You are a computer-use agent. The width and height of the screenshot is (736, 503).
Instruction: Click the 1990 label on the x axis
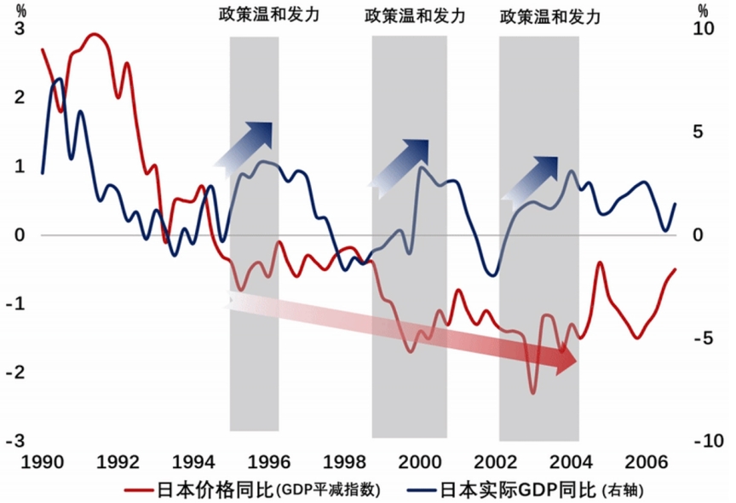click(x=43, y=463)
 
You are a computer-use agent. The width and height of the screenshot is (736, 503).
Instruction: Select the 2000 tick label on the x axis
click(x=420, y=463)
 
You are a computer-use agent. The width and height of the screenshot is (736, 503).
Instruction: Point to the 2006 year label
click(x=647, y=463)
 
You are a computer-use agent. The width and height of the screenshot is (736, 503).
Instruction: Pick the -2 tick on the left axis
click(x=16, y=373)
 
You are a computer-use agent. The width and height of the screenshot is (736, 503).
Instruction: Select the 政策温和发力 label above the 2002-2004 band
click(x=549, y=16)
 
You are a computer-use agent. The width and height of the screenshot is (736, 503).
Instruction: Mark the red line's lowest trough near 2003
click(x=532, y=392)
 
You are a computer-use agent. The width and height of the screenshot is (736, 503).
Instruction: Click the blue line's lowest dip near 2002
click(x=492, y=275)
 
